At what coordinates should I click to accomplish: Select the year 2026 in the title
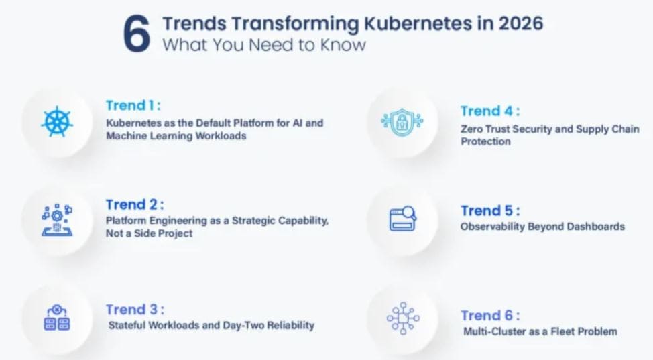521,23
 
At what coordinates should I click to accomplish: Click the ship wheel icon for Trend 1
57,123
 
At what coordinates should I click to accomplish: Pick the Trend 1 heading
133,105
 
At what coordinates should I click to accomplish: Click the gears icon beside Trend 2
57,220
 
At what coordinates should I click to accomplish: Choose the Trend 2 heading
135,204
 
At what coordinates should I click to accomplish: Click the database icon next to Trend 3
57,318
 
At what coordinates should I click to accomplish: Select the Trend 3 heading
135,310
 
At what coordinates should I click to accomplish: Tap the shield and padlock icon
402,122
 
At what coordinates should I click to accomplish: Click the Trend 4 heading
490,111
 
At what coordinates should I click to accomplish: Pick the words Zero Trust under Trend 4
484,129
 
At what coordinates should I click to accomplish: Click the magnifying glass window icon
403,219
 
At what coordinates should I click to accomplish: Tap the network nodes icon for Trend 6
403,318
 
